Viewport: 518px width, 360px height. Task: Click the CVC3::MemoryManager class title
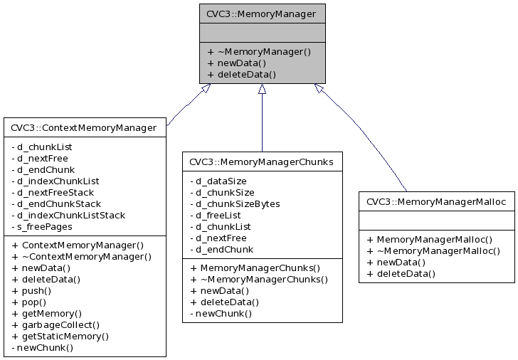262,13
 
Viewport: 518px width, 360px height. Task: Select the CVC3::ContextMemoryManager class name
83,128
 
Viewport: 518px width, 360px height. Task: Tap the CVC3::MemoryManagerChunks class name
262,162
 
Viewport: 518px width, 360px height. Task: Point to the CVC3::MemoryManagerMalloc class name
435,202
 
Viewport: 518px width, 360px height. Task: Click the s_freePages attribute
42,226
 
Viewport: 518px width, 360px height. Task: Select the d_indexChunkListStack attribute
68,215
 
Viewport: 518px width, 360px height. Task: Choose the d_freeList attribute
220,215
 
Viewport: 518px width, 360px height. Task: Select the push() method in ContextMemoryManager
32,291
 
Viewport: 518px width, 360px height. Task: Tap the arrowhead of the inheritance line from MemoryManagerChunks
262,89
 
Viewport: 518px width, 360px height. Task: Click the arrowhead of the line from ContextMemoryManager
205,89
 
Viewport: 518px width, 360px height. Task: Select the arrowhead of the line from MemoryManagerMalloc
319,89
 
